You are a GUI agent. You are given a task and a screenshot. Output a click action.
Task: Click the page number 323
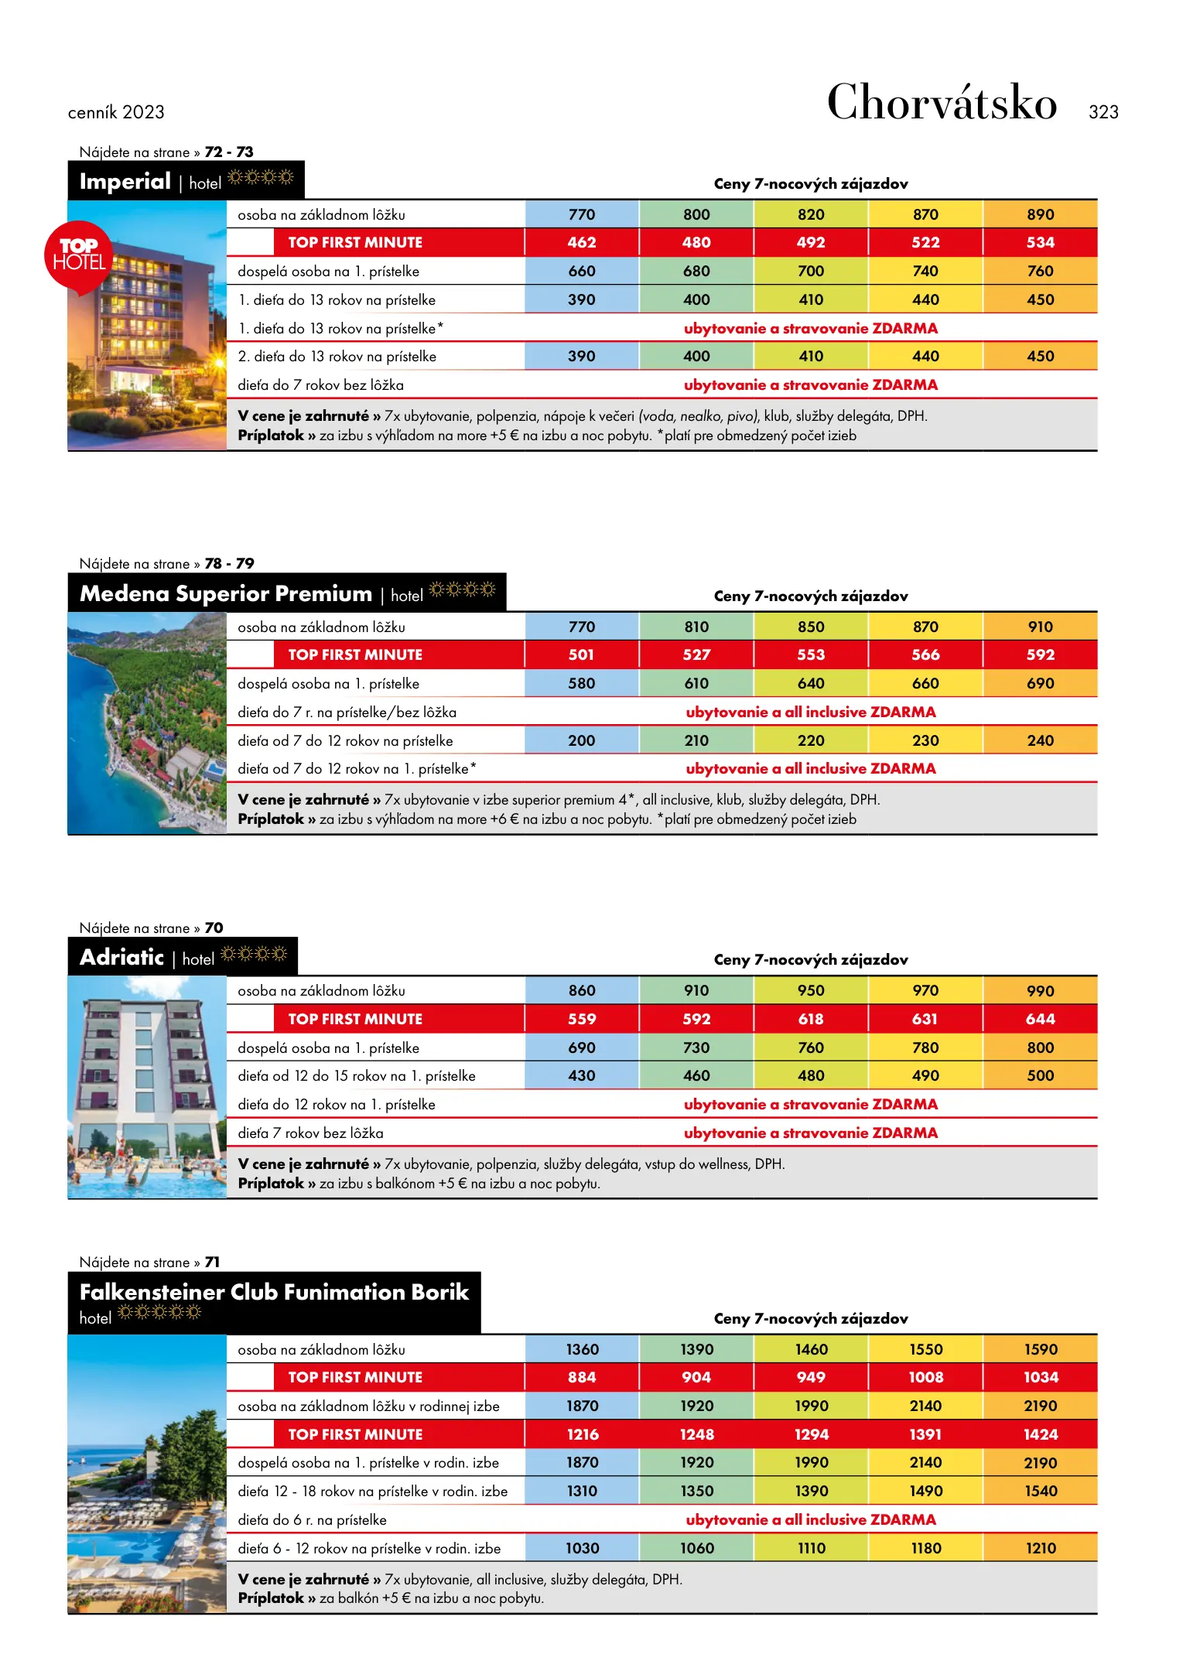point(1103,112)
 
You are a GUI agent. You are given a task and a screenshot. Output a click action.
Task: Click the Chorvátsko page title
point(942,103)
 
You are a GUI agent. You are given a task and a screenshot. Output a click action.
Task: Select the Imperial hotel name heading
point(125,181)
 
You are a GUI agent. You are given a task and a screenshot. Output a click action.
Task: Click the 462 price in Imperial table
point(582,242)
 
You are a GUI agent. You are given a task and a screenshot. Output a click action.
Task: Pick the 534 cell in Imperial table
point(1040,242)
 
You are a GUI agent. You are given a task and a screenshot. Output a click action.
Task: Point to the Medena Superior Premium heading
point(226,593)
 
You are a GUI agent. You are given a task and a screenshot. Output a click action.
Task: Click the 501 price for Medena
point(582,654)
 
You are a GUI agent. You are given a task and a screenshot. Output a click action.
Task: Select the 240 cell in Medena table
point(1040,740)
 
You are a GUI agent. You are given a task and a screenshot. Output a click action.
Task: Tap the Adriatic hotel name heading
point(122,957)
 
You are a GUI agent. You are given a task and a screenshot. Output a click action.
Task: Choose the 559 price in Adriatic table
point(582,1019)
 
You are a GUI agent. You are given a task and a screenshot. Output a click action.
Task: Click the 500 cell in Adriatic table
point(1040,1075)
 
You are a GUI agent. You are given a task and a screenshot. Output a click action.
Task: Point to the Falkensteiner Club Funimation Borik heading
point(274,1292)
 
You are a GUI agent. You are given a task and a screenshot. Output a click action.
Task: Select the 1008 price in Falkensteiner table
point(925,1377)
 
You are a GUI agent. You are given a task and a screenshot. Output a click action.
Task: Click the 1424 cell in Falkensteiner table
point(1040,1434)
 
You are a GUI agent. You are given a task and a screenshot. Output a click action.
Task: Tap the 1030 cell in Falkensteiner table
point(582,1548)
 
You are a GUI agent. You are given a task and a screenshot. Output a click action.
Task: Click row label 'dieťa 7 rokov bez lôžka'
point(310,1133)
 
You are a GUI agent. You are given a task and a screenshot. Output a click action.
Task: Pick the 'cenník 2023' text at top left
point(116,112)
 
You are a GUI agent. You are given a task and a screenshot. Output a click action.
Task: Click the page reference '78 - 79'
point(229,563)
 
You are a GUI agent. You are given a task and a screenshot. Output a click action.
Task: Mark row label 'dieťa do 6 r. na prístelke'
point(312,1519)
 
